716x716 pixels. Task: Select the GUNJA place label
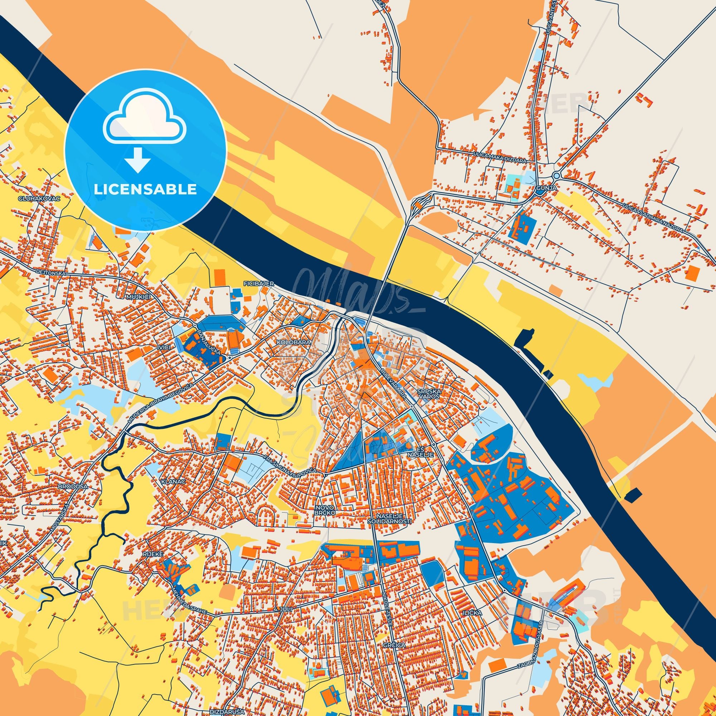coord(546,188)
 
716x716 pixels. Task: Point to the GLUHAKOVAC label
coord(39,198)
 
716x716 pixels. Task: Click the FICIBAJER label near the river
coord(258,284)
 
